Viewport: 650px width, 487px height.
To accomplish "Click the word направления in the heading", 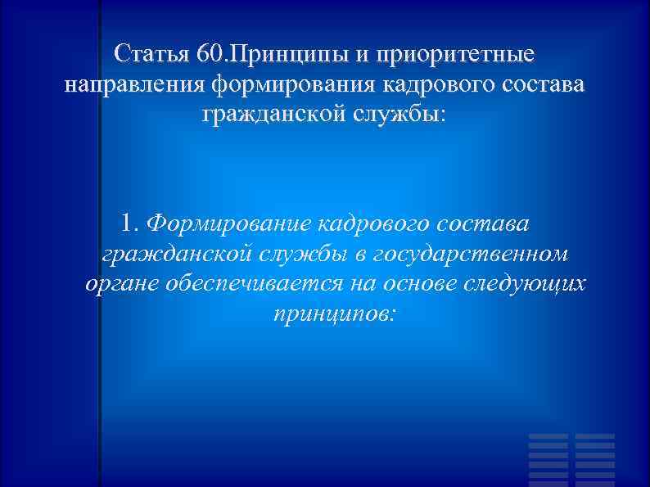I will point(133,84).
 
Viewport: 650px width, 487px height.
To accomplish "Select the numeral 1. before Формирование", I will point(130,222).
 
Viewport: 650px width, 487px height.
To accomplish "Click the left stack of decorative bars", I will point(548,459).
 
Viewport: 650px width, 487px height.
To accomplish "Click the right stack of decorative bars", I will point(594,459).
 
